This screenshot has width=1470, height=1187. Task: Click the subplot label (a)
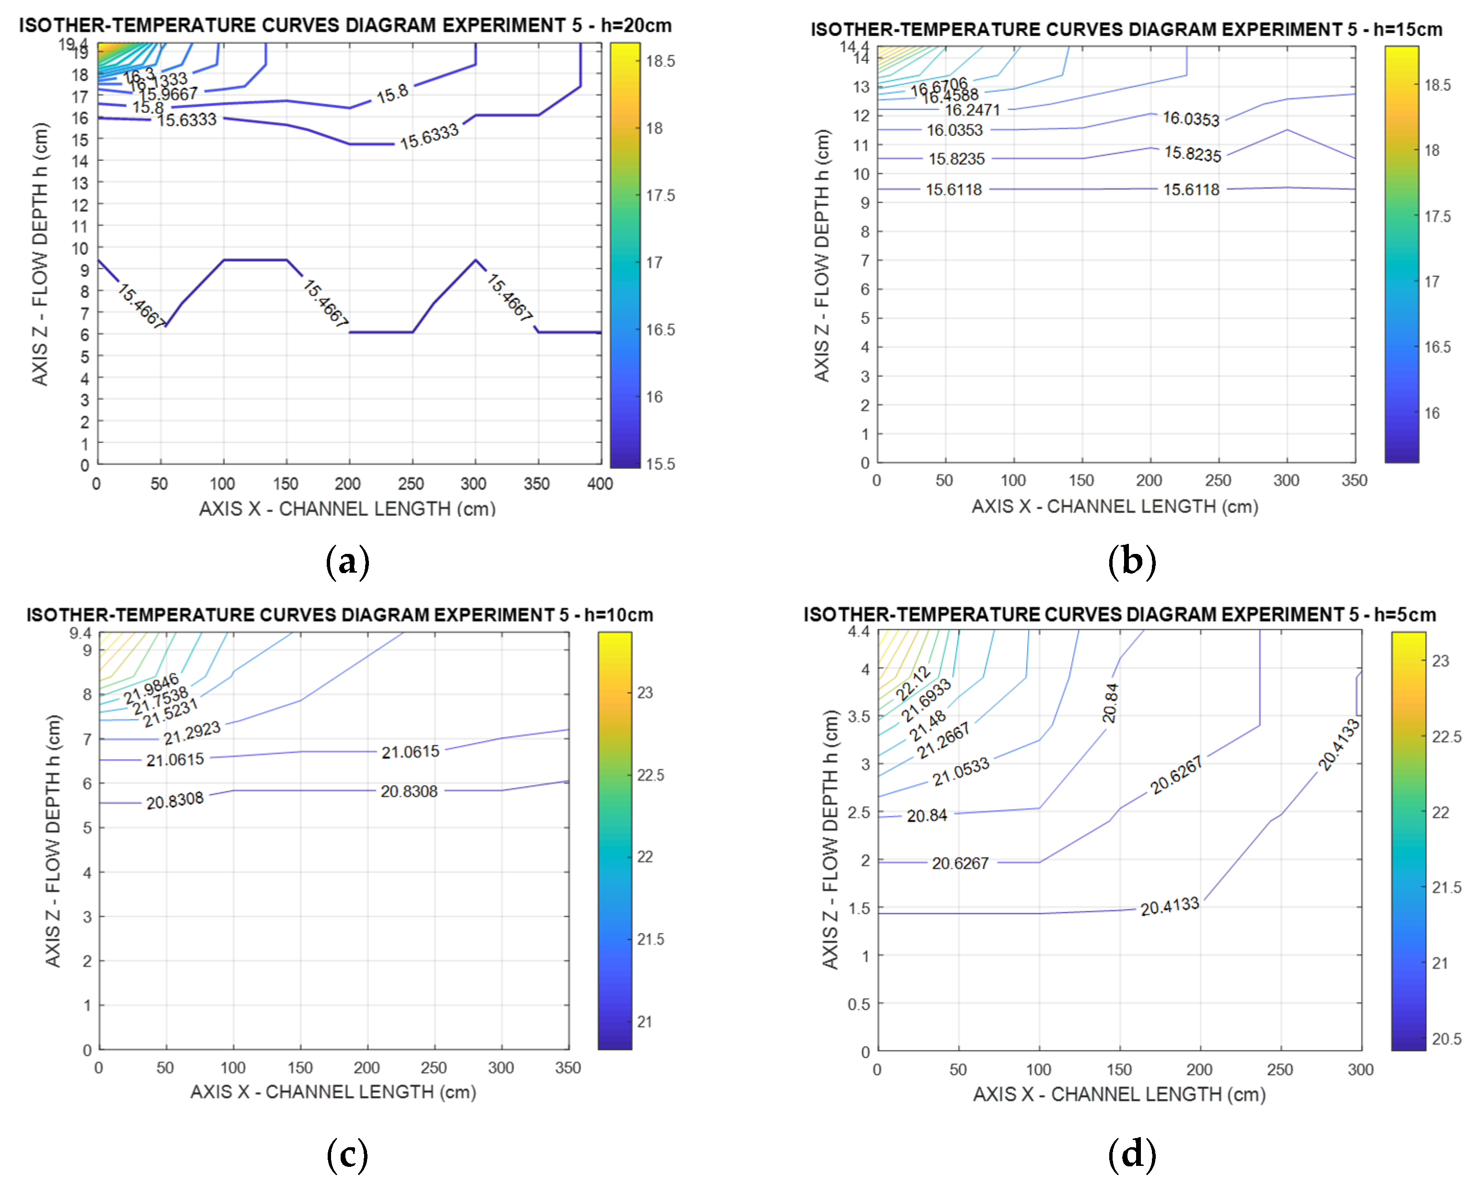(x=347, y=562)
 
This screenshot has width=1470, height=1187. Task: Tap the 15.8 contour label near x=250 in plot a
(x=392, y=94)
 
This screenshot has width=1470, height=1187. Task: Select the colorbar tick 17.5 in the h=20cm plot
(x=660, y=196)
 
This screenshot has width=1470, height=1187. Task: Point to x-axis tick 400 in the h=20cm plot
(x=600, y=484)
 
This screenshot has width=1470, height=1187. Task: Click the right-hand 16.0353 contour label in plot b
(x=1191, y=119)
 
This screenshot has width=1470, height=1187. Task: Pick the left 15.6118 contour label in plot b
(x=954, y=190)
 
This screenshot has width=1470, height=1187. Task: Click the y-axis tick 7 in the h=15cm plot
(x=865, y=260)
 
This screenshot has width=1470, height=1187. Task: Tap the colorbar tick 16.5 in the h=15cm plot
(x=1437, y=347)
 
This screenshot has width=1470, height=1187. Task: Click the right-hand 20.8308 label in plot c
(x=409, y=792)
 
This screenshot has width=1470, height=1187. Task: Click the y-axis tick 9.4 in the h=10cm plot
(x=80, y=633)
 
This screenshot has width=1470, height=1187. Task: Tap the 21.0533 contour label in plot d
(x=961, y=771)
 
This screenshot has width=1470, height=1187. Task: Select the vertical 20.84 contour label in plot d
(x=1110, y=704)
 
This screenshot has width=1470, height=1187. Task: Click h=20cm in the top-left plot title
(x=636, y=26)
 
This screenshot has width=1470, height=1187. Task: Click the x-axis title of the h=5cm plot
(x=1119, y=1095)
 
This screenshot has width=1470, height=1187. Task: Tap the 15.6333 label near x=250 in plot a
(x=429, y=137)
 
